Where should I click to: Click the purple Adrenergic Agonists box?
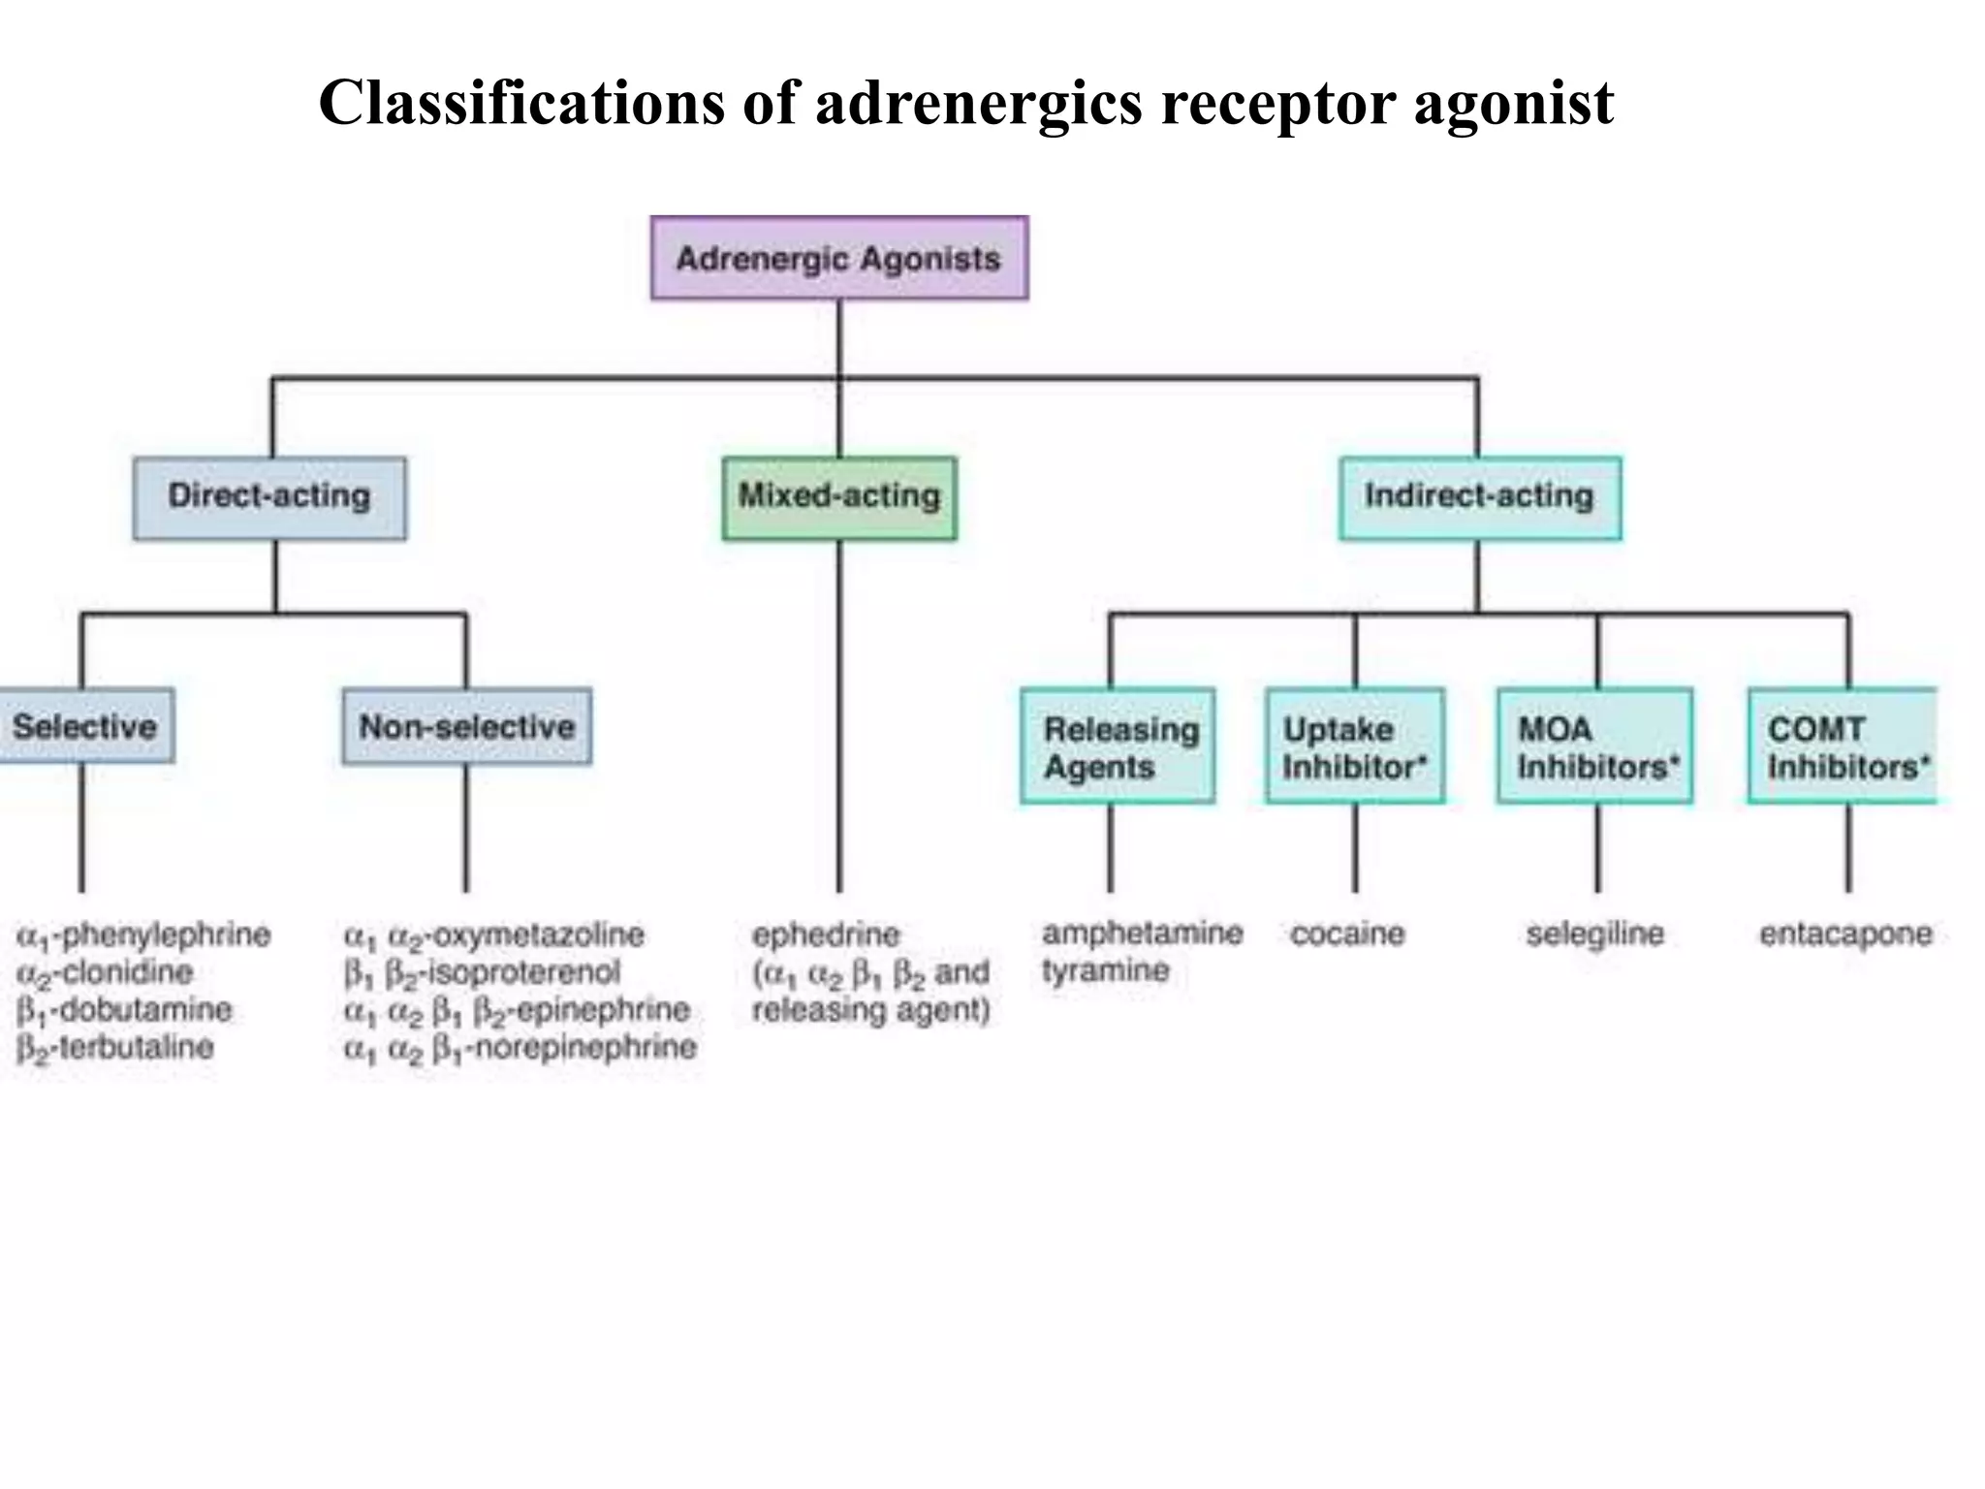pyautogui.click(x=839, y=259)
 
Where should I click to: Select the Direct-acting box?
pyautogui.click(x=269, y=497)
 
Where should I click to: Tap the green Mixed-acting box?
pyautogui.click(x=839, y=497)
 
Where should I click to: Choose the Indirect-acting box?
pyautogui.click(x=1479, y=497)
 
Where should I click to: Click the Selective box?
pyautogui.click(x=85, y=726)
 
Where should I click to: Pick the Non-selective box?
pyautogui.click(x=466, y=727)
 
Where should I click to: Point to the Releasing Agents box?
pyautogui.click(x=1118, y=746)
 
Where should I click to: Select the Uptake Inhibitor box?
pyautogui.click(x=1354, y=746)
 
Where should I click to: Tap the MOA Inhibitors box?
pyautogui.click(x=1595, y=746)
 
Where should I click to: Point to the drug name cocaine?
pyautogui.click(x=1347, y=935)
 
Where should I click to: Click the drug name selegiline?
pyautogui.click(x=1594, y=935)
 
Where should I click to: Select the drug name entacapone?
pyautogui.click(x=1845, y=935)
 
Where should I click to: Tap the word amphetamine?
pyautogui.click(x=1142, y=934)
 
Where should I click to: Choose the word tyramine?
pyautogui.click(x=1105, y=970)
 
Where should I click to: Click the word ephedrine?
pyautogui.click(x=826, y=935)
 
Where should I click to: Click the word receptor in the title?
pyautogui.click(x=1278, y=103)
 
